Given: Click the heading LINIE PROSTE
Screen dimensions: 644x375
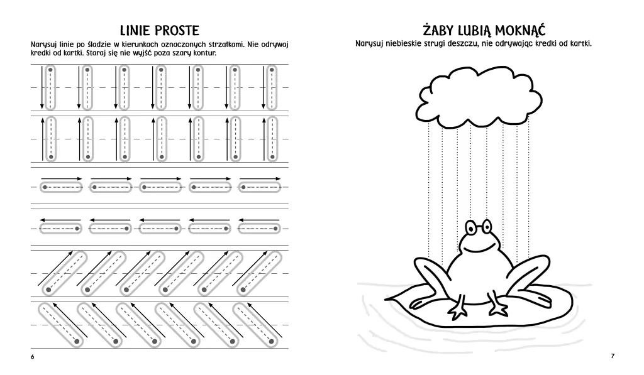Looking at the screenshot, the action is [x=159, y=30].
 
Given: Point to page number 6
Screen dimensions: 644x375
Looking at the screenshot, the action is [x=33, y=357].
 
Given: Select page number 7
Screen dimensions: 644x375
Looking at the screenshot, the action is [x=613, y=356].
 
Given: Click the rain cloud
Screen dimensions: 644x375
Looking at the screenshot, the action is [x=479, y=97].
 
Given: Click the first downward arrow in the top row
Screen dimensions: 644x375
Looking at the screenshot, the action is [x=42, y=87].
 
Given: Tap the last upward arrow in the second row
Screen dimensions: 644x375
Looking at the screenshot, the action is [x=264, y=139].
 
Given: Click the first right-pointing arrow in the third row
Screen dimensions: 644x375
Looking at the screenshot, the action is [x=62, y=179].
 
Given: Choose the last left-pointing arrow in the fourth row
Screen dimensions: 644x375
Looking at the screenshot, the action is [x=258, y=220].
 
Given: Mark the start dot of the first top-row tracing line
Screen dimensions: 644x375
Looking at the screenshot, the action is [x=50, y=70].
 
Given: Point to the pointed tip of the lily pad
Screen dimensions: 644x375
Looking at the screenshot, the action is [x=386, y=300].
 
